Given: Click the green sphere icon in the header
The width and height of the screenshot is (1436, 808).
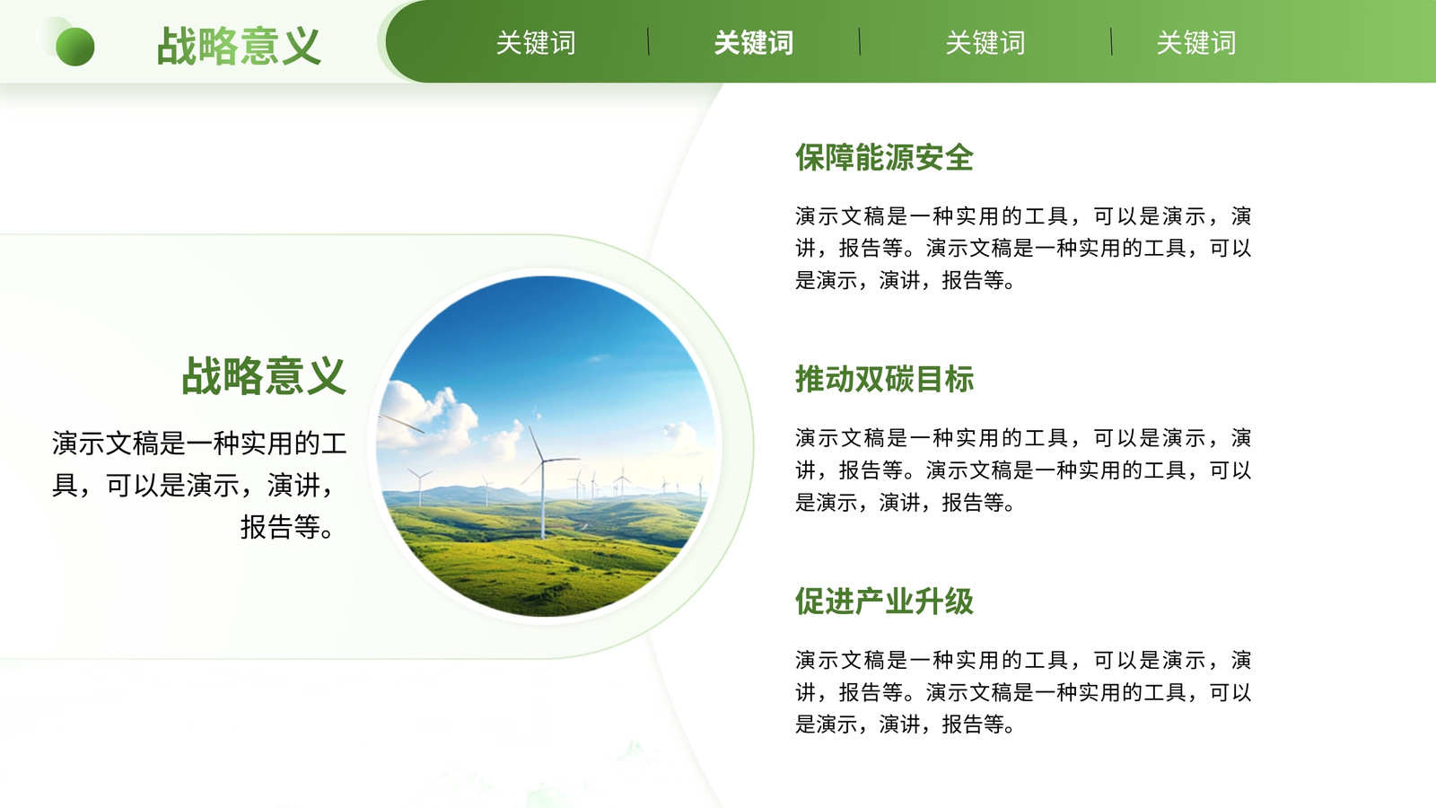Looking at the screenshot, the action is coord(75,47).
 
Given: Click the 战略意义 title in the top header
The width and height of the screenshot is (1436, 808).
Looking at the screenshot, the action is coord(239,47).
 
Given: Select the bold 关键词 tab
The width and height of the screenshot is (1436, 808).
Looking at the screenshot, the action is coord(753,43).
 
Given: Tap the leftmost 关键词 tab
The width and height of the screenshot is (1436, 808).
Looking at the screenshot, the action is coord(535,43).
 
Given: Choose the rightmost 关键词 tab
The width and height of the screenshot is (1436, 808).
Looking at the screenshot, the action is coord(1195,43).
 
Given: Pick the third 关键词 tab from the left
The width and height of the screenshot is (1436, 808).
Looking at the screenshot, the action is coord(985,43).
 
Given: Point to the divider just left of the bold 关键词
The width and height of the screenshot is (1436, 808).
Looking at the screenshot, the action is coord(648,41).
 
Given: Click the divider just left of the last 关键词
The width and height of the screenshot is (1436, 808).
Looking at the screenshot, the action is coord(1111,41).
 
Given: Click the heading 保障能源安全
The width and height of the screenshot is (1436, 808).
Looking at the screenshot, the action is coord(884,158).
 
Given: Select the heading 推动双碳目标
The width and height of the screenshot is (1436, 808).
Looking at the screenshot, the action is coord(884,379).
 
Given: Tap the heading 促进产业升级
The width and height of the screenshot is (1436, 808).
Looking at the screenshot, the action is coord(884,602).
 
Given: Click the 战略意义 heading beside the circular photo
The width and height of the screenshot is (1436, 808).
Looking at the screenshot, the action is coord(264,376).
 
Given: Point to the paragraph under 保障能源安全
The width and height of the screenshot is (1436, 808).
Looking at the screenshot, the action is coord(1023,248).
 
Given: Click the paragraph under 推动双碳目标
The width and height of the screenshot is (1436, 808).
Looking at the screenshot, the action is coord(1023,470).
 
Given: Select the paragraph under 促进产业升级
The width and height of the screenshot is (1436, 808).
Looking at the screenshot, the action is coord(1023,692).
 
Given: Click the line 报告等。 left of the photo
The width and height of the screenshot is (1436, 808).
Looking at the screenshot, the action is coord(287,528).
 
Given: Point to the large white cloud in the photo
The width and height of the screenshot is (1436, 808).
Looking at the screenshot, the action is coord(426,417).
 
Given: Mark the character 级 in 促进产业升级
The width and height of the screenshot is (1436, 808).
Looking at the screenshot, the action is coord(959,602).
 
